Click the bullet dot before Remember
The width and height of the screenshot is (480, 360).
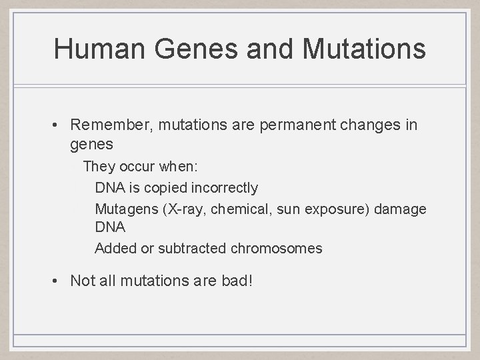coord(59,125)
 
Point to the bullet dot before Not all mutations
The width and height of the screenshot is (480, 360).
coord(59,281)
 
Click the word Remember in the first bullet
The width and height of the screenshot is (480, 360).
coord(103,125)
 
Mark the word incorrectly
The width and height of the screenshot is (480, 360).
coord(224,187)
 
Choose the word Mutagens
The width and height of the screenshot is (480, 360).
coord(125,209)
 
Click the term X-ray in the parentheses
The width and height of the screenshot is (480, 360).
coord(183,209)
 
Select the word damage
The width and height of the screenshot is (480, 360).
coord(401,209)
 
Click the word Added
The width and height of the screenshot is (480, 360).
coord(115,249)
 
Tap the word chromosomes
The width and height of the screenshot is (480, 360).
coord(276,249)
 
